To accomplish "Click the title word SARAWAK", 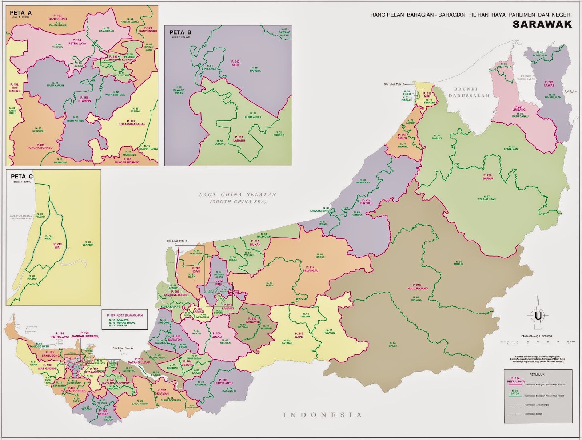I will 542,24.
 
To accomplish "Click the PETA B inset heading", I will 180,32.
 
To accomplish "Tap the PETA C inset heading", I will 22,176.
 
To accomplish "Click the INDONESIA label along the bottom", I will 322,415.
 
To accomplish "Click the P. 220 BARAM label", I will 488,177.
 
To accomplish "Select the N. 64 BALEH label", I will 393,344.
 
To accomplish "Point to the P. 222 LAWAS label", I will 549,84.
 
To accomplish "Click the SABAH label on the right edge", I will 570,92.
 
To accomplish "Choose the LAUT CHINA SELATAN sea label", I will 238,195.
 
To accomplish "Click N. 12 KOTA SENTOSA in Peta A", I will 115,93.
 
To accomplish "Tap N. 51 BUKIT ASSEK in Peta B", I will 252,115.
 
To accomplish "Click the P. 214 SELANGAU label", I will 310,269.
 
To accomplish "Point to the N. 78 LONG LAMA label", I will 511,147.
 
